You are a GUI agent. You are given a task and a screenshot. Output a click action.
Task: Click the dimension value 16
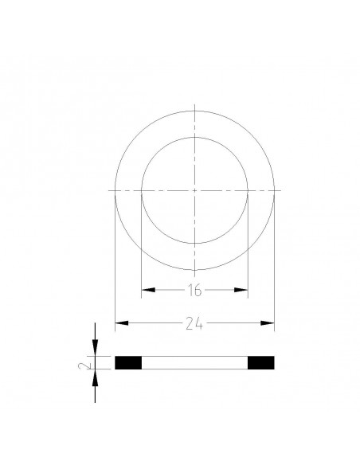pos(194,291)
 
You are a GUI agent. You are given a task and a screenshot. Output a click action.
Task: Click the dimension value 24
pos(194,323)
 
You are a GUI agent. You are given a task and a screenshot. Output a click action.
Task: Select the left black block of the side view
pos(128,363)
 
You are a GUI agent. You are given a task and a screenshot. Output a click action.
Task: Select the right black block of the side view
pos(261,363)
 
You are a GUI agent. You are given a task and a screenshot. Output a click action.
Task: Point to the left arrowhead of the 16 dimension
pos(146,291)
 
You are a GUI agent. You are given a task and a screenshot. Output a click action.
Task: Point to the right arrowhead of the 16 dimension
pos(244,291)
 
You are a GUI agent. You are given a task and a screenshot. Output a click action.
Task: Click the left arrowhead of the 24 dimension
pos(120,323)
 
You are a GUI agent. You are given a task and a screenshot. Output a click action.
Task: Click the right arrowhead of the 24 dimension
pos(269,323)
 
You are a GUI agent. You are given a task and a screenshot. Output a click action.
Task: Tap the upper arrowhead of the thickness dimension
pos(95,351)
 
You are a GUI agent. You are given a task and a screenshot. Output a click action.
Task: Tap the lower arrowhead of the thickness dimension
pos(95,375)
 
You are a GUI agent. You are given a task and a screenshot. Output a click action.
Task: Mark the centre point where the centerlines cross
pos(194,190)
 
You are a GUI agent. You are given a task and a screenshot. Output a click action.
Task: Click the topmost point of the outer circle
pos(194,111)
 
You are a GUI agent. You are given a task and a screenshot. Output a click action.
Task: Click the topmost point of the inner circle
pos(194,137)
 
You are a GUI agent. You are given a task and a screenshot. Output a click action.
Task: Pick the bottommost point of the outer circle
pos(194,270)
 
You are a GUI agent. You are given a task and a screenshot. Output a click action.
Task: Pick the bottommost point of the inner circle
pos(194,244)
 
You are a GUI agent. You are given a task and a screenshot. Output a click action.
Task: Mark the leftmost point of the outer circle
pos(115,190)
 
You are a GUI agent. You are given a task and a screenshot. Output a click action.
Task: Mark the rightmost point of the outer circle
pos(274,190)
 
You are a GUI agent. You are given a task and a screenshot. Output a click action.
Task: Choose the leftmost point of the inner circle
pos(141,190)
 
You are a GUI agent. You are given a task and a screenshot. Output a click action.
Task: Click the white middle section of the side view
pos(194,363)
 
